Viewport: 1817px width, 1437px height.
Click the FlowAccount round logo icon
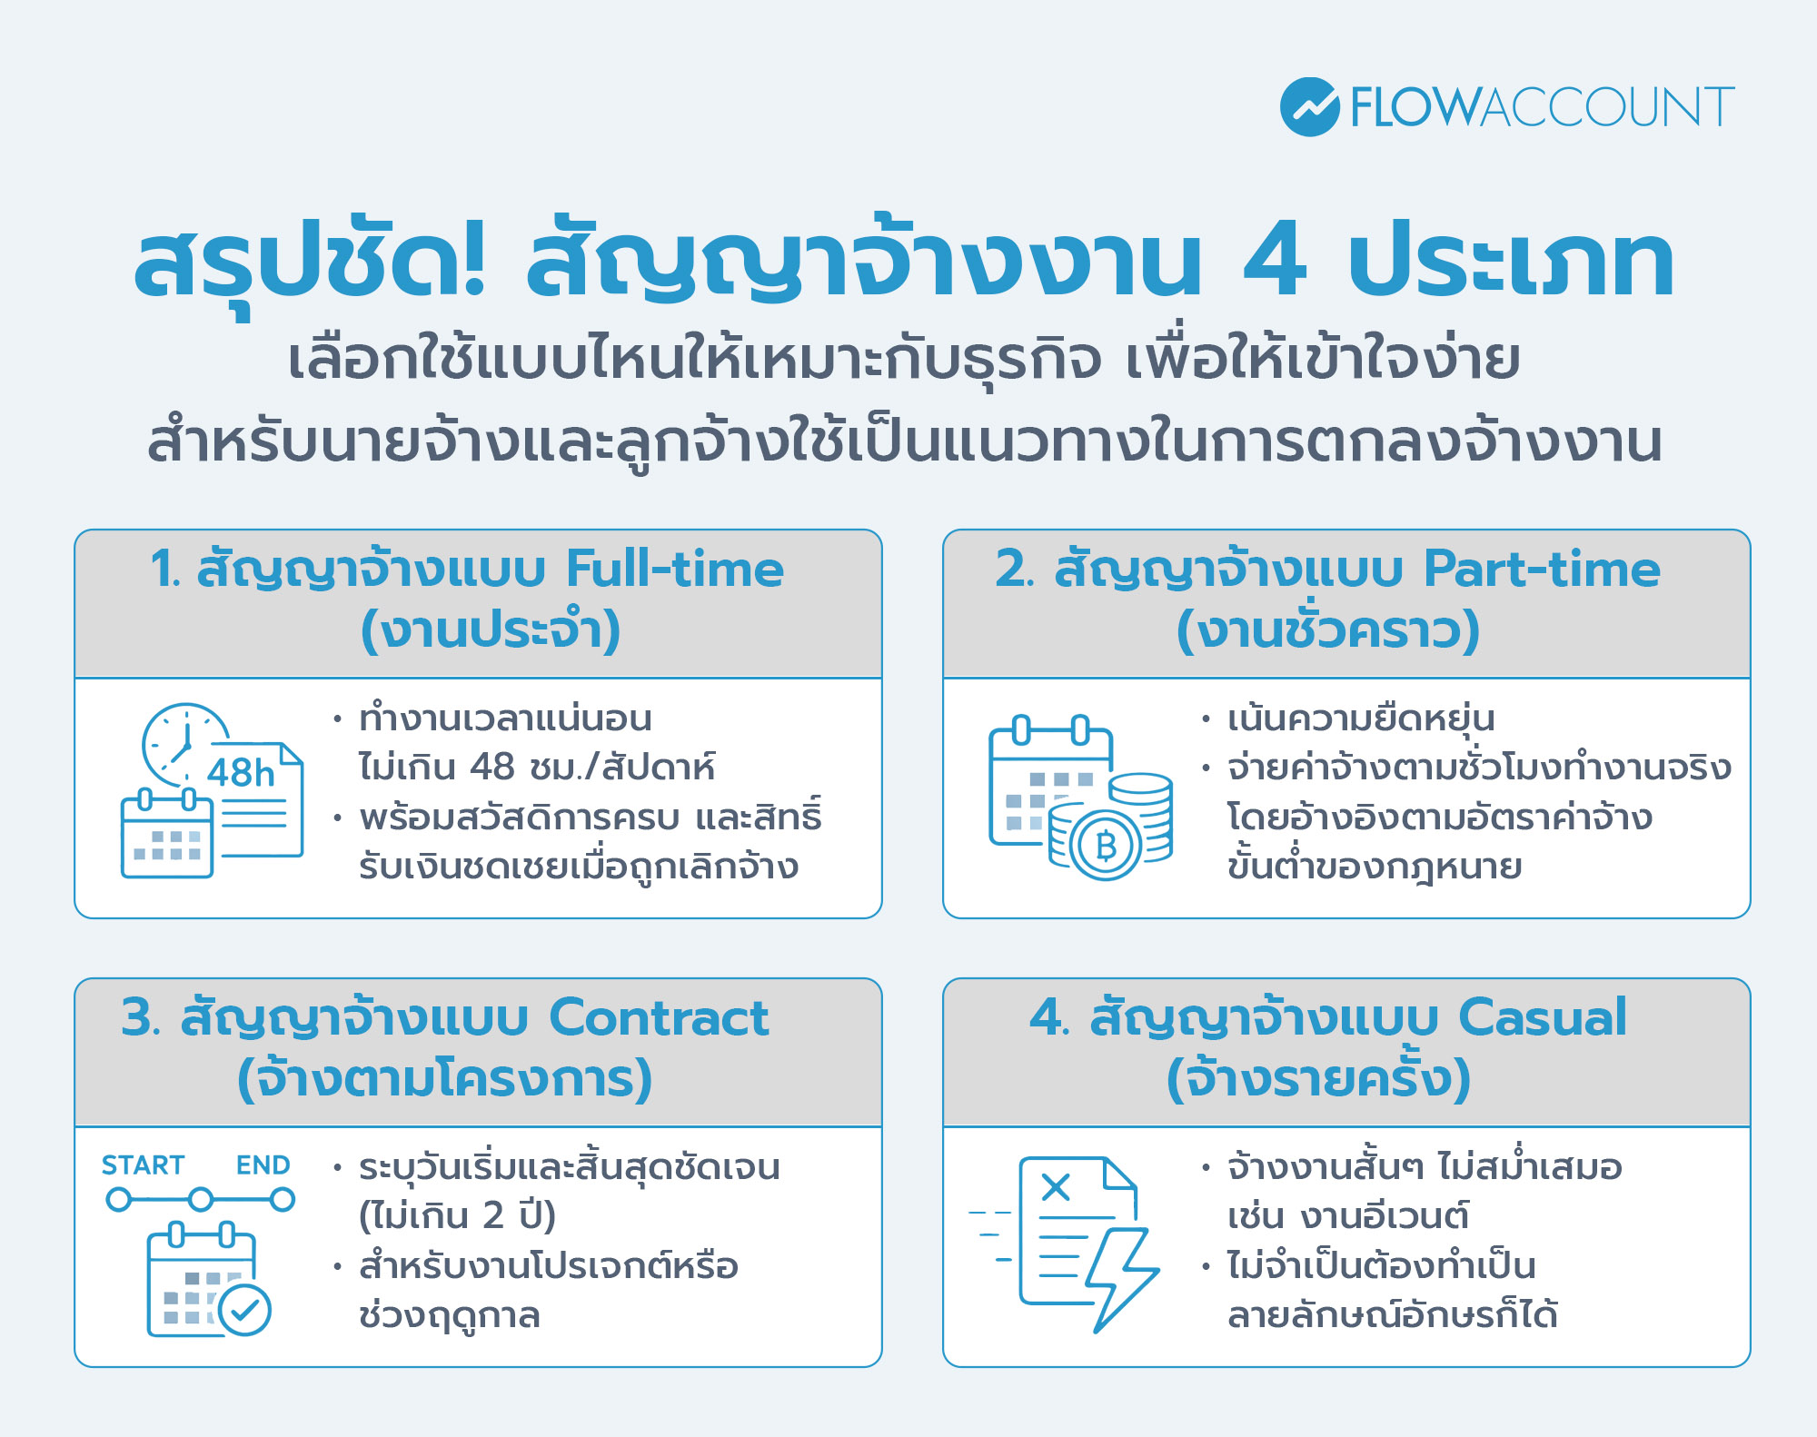point(1309,107)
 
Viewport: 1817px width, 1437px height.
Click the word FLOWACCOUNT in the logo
point(1542,107)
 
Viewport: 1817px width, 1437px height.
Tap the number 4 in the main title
point(1275,262)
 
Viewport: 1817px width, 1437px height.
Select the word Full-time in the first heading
point(674,570)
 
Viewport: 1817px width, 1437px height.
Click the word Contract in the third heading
point(659,1017)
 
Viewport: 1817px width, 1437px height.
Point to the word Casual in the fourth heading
point(1542,1017)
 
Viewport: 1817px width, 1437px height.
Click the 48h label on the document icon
point(241,773)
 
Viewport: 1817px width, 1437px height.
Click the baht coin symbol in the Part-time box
point(1106,846)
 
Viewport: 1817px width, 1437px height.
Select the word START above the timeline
point(143,1165)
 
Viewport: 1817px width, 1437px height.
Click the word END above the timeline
point(263,1165)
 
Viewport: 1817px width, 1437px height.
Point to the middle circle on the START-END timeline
point(201,1200)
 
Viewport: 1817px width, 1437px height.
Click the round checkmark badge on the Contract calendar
point(245,1309)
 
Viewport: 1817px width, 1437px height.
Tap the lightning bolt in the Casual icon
point(1119,1276)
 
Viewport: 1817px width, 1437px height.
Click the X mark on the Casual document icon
point(1056,1186)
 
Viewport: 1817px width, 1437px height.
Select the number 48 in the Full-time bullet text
point(492,768)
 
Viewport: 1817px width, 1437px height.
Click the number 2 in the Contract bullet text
point(493,1215)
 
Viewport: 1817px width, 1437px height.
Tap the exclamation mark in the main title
point(472,262)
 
